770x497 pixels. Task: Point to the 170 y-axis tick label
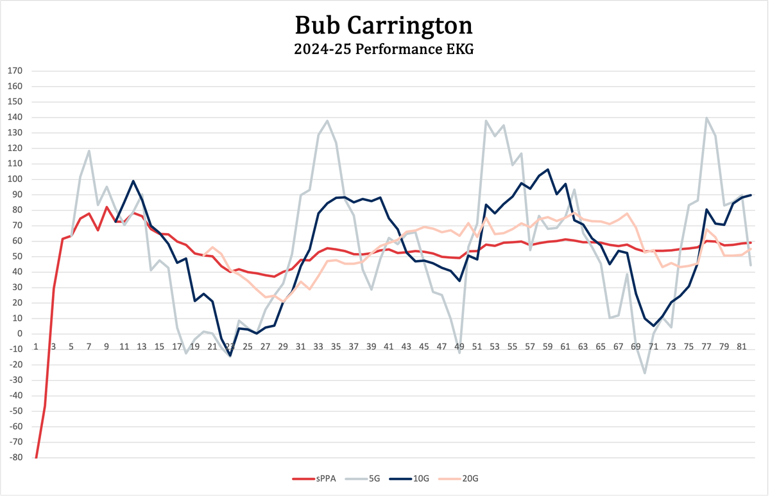14,71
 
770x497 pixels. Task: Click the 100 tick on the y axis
14,179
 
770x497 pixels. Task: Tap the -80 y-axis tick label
14,457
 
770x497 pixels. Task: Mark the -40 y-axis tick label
14,396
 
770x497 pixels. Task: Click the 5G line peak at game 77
706,118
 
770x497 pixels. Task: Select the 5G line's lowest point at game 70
644,373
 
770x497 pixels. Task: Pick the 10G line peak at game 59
547,170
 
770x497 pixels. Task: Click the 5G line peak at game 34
327,121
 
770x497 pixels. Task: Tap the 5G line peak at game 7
89,151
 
